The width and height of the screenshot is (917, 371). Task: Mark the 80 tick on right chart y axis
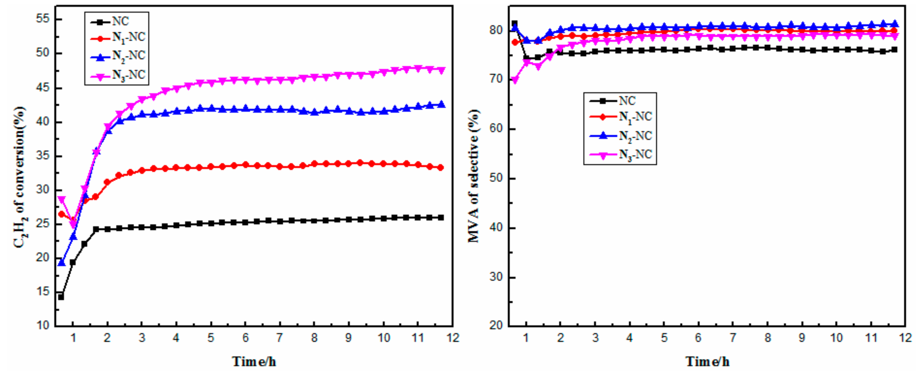(497, 31)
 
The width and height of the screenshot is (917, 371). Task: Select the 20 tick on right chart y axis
(497, 325)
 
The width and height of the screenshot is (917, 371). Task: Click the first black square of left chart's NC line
(61, 297)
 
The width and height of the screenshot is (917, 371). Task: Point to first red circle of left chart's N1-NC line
(61, 214)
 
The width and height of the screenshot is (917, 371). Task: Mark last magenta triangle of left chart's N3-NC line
(441, 70)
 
